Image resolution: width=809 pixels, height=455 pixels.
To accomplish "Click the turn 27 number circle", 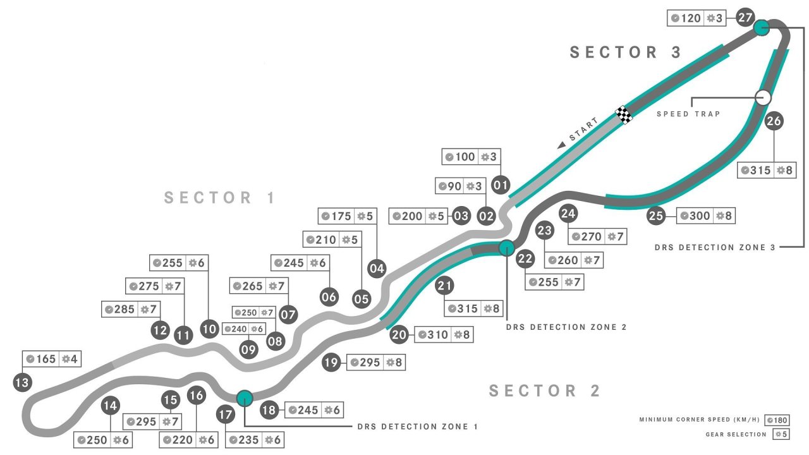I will (x=745, y=17).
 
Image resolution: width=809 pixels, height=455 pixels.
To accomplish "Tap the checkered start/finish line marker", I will (x=624, y=114).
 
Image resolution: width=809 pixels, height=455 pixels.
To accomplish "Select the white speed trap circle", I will (x=763, y=97).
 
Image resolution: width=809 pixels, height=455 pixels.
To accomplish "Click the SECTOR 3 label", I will (x=626, y=52).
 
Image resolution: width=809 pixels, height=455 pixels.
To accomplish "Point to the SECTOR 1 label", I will (x=220, y=198).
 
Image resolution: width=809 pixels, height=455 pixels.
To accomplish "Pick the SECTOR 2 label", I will (x=545, y=391).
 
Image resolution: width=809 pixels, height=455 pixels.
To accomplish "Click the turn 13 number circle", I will (x=22, y=382).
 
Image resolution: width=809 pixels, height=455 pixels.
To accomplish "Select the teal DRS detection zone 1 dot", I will (x=245, y=398).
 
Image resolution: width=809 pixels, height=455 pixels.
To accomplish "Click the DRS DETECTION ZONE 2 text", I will (x=566, y=327).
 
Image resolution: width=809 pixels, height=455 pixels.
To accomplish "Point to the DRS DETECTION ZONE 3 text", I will (x=715, y=248).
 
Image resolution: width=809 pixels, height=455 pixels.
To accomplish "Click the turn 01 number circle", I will (x=501, y=185).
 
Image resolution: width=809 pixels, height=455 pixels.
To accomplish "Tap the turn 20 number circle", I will (x=399, y=335).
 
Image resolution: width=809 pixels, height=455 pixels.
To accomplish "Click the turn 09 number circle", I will (x=249, y=349).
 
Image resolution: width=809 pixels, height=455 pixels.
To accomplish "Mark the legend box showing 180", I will (x=776, y=420).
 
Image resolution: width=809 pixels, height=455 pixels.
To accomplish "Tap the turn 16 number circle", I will (x=197, y=396).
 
